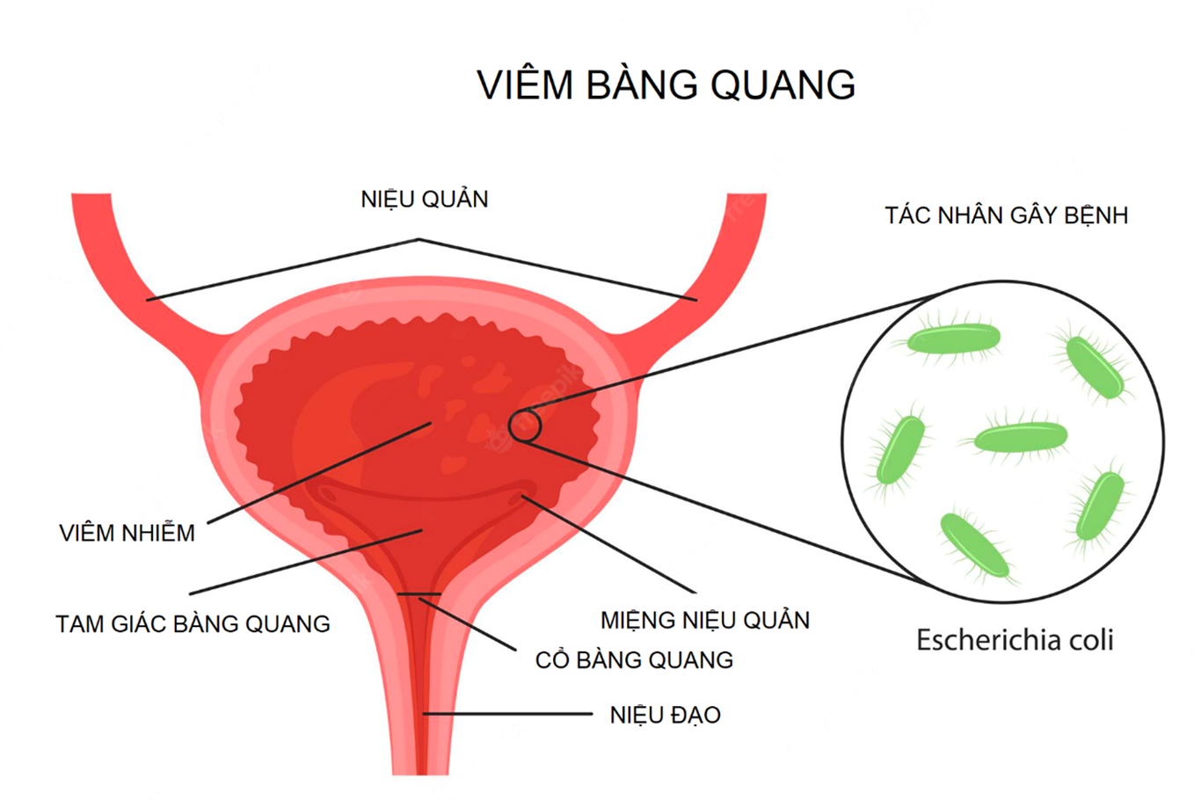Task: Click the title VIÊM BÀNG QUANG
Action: coord(666,84)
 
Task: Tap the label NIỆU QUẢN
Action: coord(424,200)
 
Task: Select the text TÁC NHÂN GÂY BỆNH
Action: coord(1007,215)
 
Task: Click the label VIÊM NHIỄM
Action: coord(127,533)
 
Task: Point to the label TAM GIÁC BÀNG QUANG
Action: coord(193,623)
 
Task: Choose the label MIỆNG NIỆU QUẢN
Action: coord(705,620)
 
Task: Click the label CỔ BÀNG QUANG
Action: coord(634,659)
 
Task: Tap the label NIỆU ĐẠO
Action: coord(666,715)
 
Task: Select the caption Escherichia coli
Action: coord(1015,639)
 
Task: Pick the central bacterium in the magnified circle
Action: coord(1020,436)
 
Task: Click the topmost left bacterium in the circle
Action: coord(953,339)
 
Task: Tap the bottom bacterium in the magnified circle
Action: coord(975,545)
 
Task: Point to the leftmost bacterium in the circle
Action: coord(900,449)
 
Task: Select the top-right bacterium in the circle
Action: coord(1095,367)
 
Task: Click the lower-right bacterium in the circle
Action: coord(1100,505)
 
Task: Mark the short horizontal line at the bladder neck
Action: coord(419,594)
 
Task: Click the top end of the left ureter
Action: coord(91,194)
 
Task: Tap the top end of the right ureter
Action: coord(746,194)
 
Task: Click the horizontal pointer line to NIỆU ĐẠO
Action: coord(508,714)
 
